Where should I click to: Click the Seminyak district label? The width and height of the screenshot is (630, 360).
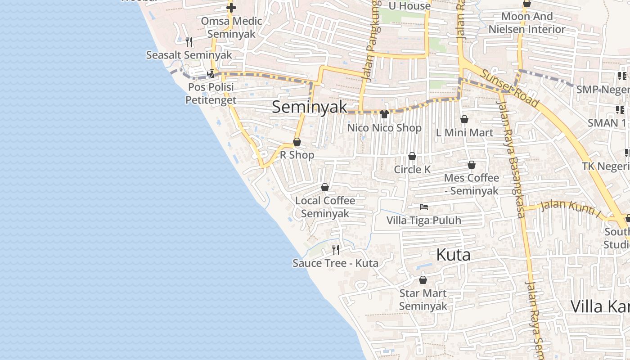pos(310,107)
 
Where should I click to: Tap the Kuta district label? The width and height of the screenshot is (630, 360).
pos(453,255)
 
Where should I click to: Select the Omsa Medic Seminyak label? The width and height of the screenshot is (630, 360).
pos(231,27)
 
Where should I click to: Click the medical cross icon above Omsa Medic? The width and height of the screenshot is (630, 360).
pos(231,8)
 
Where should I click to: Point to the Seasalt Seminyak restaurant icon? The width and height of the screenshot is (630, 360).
pos(189,42)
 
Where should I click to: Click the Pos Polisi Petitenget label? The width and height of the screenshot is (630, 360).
pos(211,93)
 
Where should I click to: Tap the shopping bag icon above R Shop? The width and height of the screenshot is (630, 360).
pos(297,142)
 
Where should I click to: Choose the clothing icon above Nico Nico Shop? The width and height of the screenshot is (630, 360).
pos(384,114)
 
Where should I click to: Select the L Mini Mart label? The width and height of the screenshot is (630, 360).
pos(465,133)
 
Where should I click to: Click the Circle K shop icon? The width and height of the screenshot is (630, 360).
pos(412,156)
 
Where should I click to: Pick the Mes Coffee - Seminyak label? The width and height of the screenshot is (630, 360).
pos(471,184)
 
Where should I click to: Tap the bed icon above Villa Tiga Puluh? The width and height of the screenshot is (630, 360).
pos(423,207)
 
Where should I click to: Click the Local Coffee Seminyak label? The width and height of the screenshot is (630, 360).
pos(325,207)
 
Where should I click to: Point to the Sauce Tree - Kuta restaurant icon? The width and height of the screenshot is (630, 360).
pos(335,249)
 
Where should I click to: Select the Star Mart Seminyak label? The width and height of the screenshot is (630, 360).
pos(423,300)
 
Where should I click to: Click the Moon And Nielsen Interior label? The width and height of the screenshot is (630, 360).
pos(527,23)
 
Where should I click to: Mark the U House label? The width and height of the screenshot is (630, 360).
pos(409,6)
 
